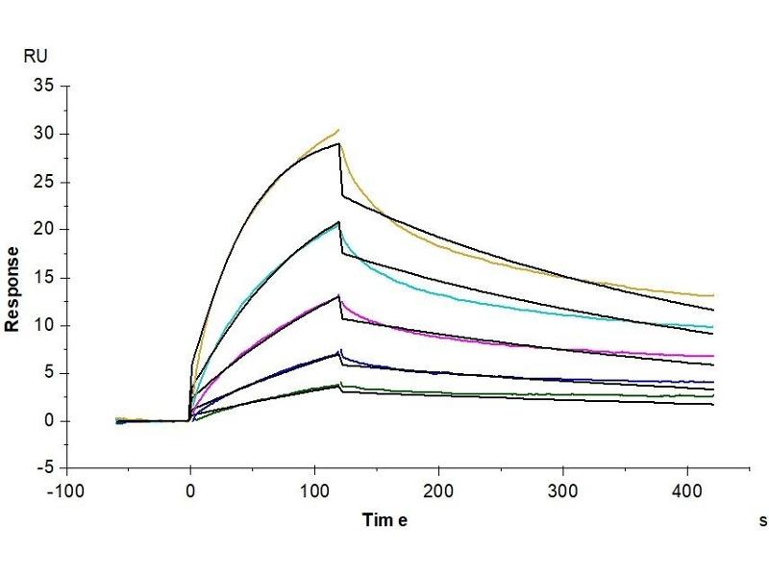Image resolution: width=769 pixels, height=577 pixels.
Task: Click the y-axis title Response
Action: point(12,288)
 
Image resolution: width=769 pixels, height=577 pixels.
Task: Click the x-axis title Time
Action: point(385,520)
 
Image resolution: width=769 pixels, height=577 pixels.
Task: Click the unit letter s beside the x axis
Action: point(762,520)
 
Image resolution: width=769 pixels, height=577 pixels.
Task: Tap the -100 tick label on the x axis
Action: point(66,489)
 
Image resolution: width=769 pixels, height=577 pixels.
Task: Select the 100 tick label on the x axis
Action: point(314,489)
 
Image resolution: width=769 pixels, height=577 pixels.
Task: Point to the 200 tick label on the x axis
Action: point(438,489)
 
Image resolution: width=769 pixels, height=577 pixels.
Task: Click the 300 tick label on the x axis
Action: point(562,489)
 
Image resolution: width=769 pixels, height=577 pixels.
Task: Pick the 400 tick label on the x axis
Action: point(686,489)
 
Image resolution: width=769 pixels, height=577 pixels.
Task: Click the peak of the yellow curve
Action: point(337,130)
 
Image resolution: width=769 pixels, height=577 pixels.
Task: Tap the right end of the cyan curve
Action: point(712,327)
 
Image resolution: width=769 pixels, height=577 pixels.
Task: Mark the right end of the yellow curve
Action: point(712,295)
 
